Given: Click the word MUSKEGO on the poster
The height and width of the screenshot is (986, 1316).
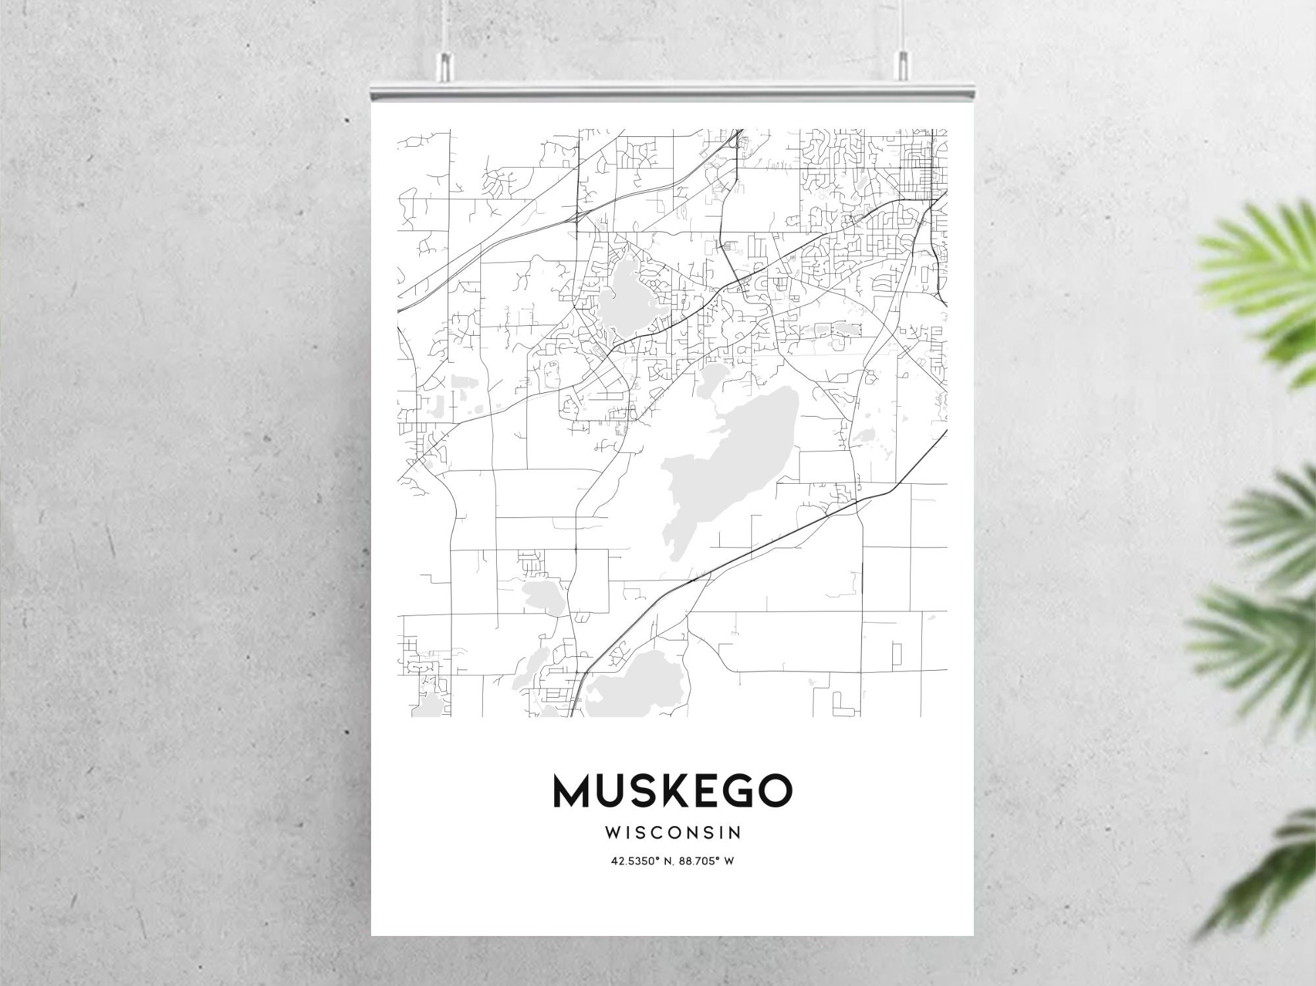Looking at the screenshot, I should [x=672, y=791].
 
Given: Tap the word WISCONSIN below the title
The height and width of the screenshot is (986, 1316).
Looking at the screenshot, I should [x=672, y=833].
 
